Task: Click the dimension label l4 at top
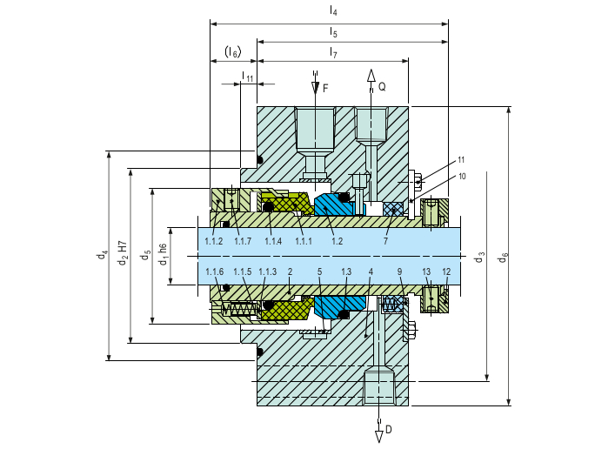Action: (333, 11)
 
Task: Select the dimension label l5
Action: (333, 32)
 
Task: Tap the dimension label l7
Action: (333, 53)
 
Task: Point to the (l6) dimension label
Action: (232, 53)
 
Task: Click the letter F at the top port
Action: (325, 89)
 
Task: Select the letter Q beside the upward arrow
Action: (382, 88)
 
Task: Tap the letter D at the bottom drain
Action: (389, 429)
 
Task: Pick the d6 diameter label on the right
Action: (503, 258)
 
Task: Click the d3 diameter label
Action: (479, 258)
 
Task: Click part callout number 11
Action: (460, 160)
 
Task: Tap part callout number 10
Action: (460, 177)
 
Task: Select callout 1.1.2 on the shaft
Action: (214, 240)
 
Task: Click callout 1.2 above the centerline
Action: (337, 240)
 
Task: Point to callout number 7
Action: (384, 240)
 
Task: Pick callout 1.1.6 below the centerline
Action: (214, 272)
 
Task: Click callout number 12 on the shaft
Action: (446, 272)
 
